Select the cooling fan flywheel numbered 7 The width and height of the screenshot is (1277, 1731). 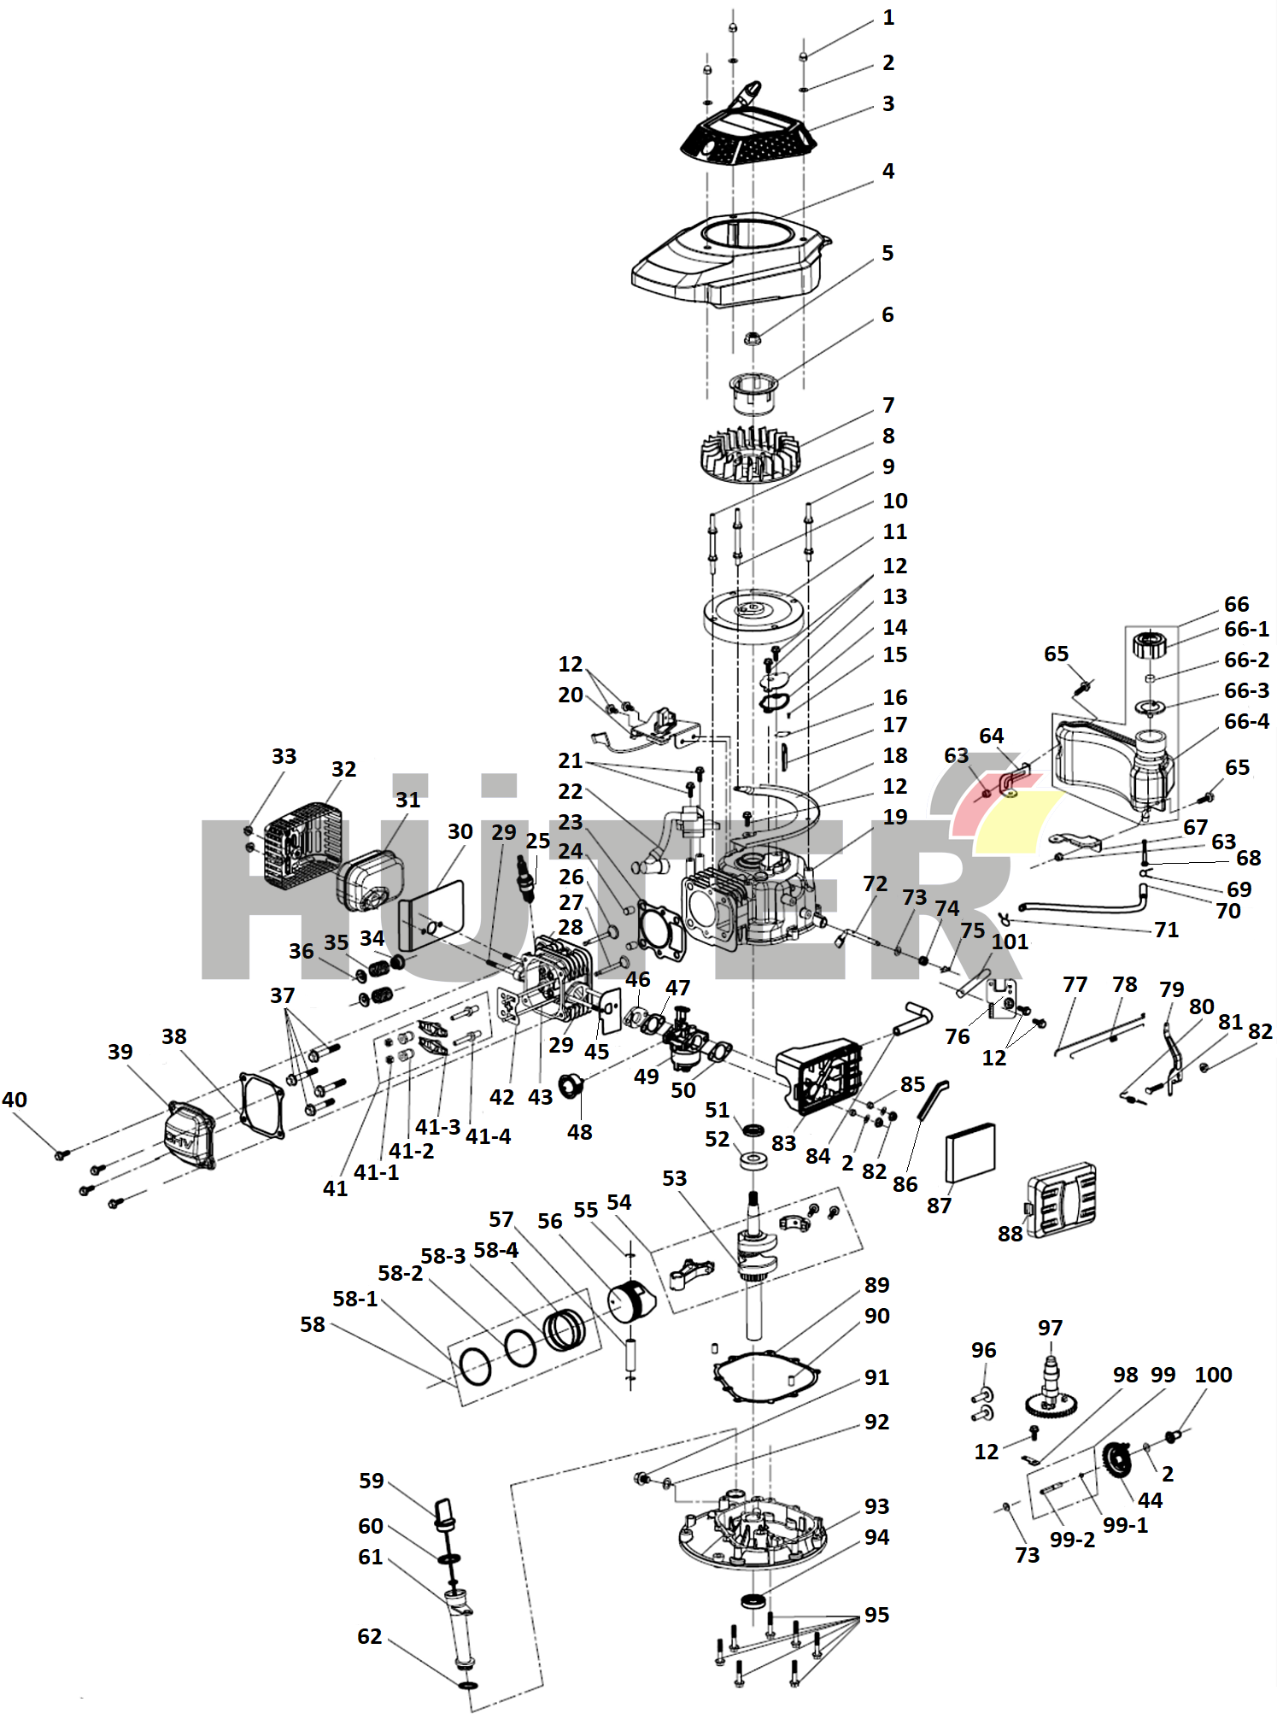[749, 454]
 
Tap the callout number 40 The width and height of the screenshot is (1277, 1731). [15, 1100]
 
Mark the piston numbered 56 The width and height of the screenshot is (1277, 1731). [630, 1300]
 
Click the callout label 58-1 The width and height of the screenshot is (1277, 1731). [354, 1299]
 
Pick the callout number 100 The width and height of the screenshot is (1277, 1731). [1213, 1375]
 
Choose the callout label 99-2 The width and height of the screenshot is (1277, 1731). [1072, 1540]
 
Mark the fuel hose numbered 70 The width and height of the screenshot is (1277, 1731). [1085, 906]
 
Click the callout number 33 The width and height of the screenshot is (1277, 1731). [284, 756]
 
